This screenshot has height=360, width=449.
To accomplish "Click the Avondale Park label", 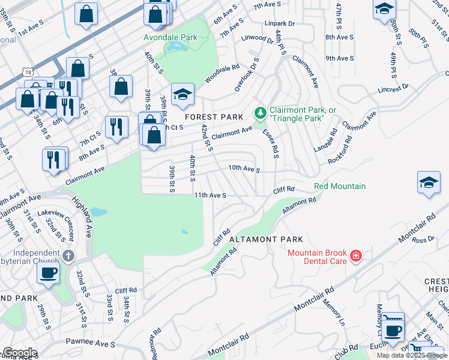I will [170, 37].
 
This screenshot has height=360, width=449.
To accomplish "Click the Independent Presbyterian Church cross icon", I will [68, 256].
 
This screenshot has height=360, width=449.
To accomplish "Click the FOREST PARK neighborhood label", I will [214, 117].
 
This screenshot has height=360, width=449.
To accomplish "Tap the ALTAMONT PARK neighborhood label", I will [266, 239].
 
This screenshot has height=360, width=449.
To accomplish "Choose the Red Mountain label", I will [339, 186].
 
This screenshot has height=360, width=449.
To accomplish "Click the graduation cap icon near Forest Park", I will [182, 94].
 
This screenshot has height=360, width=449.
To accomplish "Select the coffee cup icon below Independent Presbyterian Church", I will [48, 273].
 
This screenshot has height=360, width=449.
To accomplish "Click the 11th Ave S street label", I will [209, 196].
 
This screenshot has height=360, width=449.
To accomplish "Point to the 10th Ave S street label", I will [244, 170].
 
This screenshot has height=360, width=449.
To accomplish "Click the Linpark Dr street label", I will [280, 23].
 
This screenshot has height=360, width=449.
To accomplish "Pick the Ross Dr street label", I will [423, 239].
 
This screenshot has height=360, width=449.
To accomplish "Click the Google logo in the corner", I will [19, 353].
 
